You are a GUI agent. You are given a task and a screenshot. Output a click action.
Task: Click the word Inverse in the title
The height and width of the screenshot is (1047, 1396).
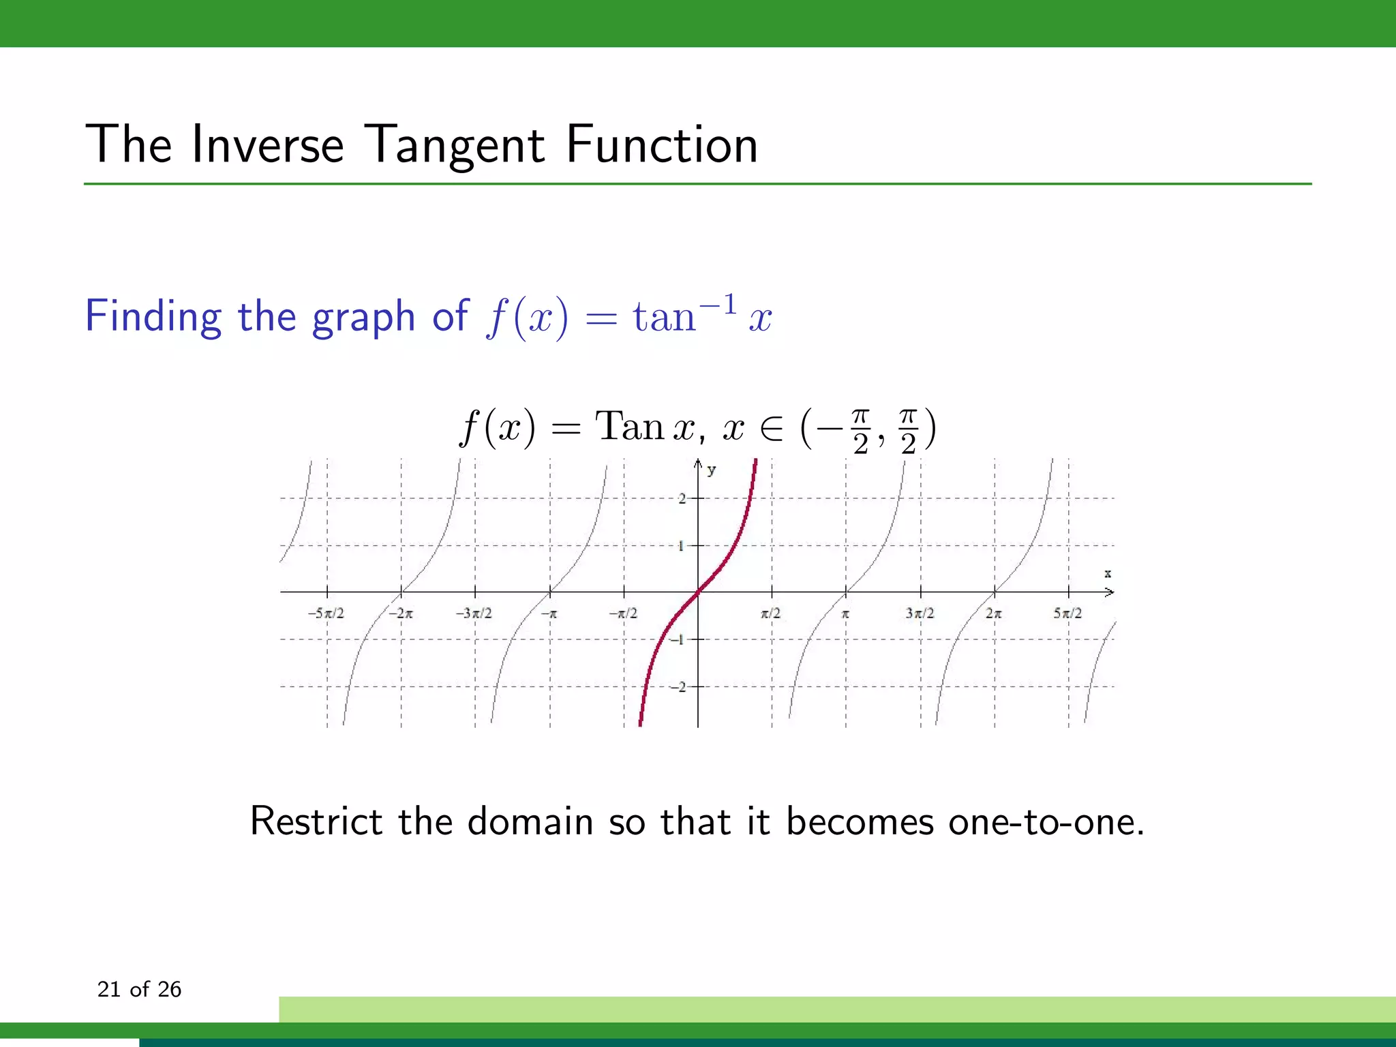pos(268,145)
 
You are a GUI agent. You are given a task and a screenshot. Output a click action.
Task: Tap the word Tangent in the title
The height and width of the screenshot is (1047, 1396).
pos(455,145)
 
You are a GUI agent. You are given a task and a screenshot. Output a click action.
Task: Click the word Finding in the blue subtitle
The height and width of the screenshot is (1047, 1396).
pos(153,316)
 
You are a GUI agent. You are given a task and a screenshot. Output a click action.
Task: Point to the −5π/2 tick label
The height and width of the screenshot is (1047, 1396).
pos(326,613)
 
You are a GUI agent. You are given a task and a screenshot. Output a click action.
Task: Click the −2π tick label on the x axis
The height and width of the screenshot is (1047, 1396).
pos(400,613)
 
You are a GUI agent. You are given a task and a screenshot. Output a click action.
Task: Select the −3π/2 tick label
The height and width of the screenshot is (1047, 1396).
pos(474,613)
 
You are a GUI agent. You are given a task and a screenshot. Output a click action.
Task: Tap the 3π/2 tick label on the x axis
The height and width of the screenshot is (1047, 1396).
pos(920,613)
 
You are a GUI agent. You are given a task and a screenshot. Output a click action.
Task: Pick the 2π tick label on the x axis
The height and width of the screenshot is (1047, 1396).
pos(993,613)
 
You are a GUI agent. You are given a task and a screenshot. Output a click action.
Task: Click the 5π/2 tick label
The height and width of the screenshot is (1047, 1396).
pos(1067,613)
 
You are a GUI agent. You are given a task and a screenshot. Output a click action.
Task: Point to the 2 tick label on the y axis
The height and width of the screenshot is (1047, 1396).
pos(682,499)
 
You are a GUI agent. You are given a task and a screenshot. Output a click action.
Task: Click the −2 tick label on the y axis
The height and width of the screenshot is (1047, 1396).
pos(679,687)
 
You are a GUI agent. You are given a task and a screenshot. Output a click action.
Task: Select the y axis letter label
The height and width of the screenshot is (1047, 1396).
pos(712,470)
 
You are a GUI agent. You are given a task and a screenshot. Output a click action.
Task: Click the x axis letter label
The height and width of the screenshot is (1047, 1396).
pos(1108,574)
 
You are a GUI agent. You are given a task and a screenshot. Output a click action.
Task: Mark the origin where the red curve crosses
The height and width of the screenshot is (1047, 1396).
pos(698,592)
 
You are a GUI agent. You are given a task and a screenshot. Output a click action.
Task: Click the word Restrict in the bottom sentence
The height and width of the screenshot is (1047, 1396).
pos(316,821)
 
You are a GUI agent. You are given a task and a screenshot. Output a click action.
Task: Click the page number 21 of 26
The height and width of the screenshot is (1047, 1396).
pos(139,989)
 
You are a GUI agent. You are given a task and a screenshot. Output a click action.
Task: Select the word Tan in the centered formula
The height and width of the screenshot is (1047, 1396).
pos(629,427)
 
